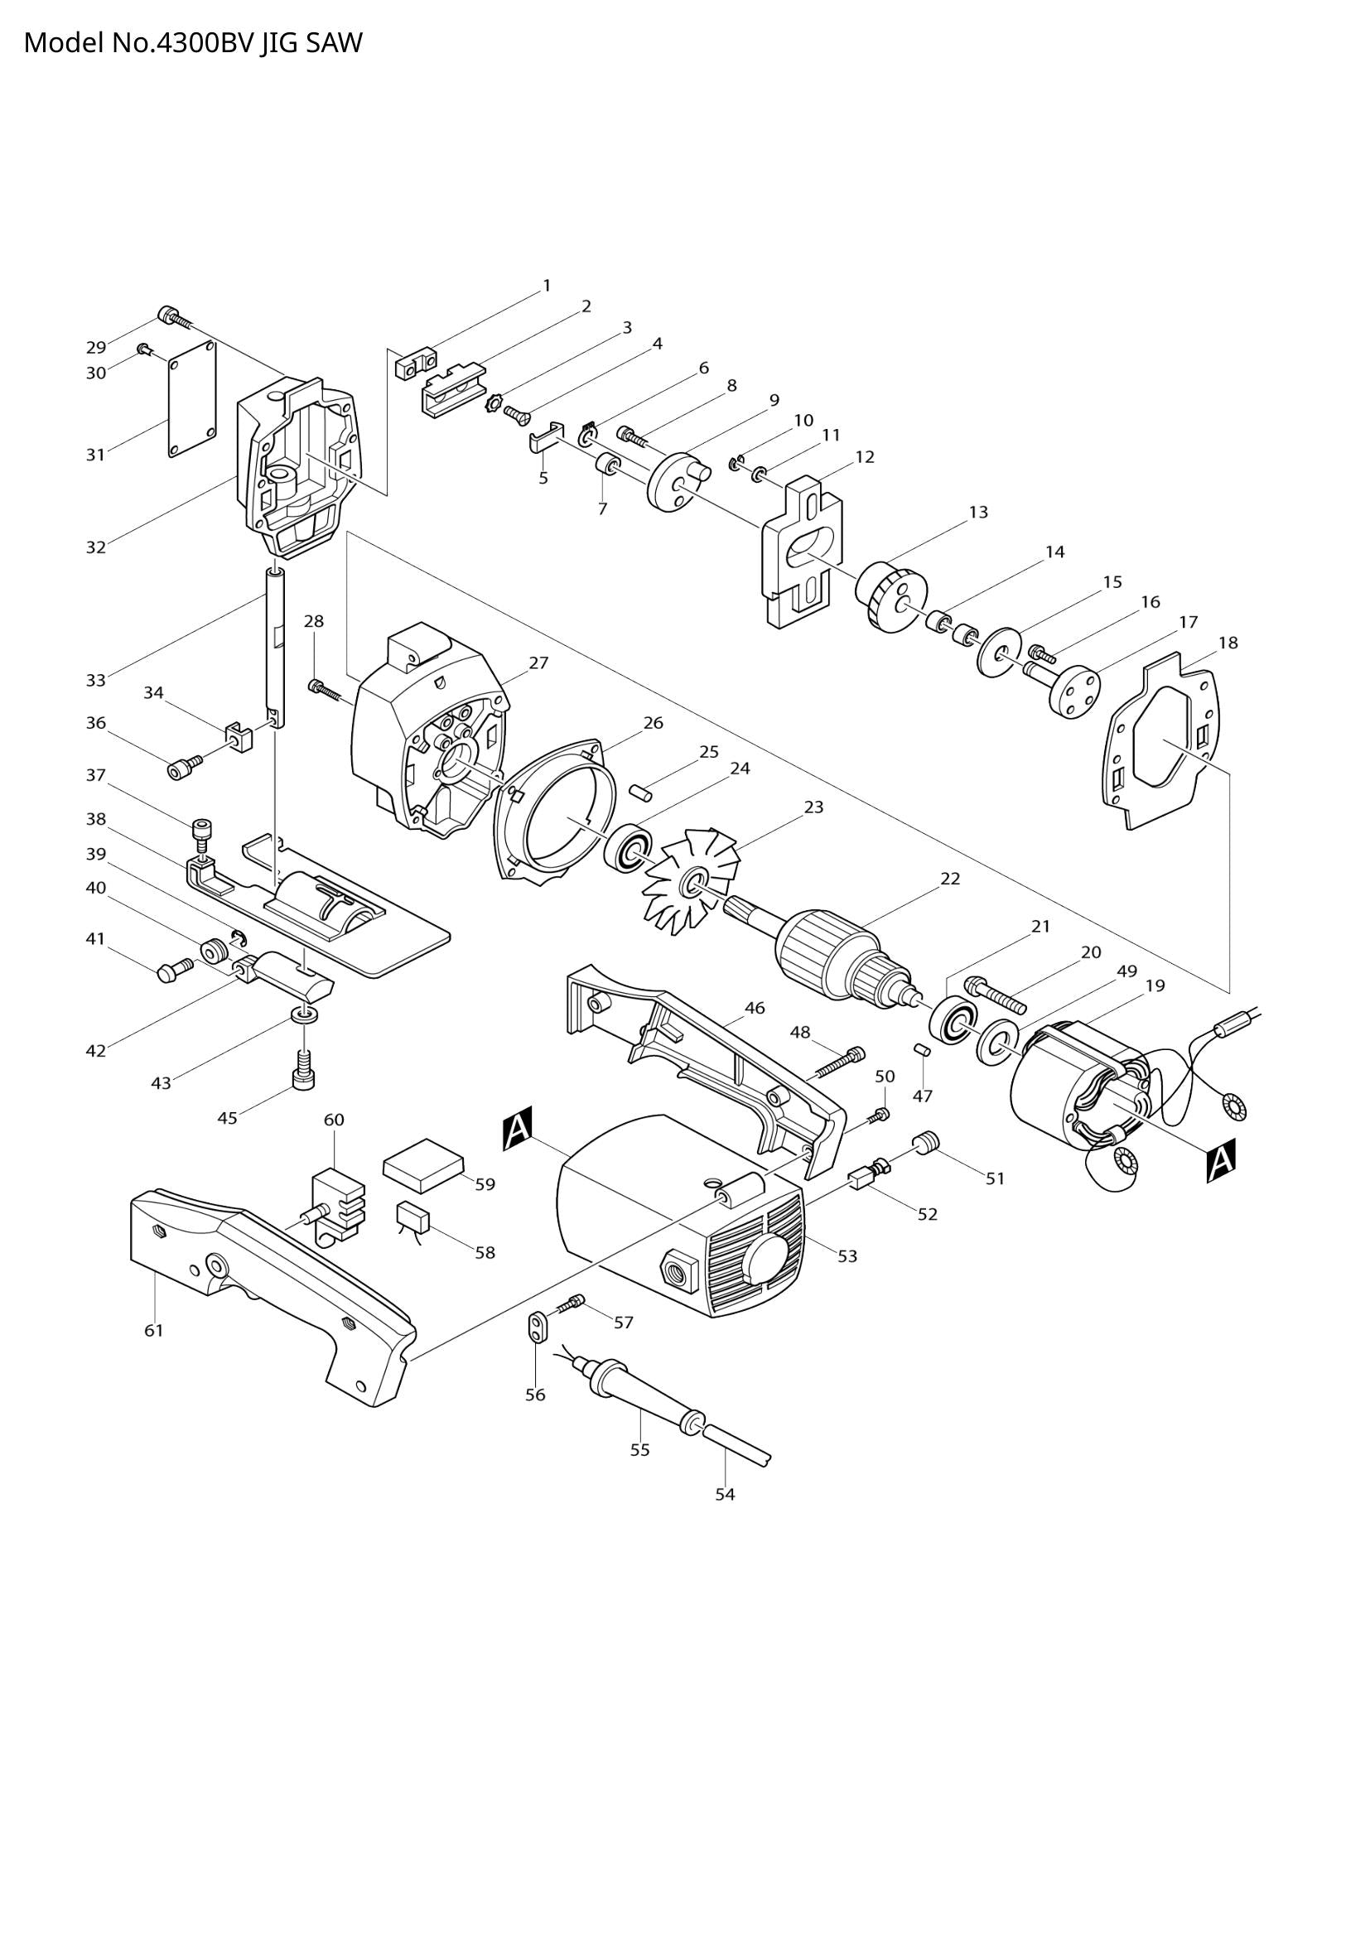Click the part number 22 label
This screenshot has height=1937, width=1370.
950,878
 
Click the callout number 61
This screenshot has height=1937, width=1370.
152,1331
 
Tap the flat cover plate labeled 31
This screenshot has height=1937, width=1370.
192,399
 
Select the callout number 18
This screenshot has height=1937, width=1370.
1228,643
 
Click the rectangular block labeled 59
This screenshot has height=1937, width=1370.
423,1165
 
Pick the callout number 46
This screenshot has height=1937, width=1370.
755,1007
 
